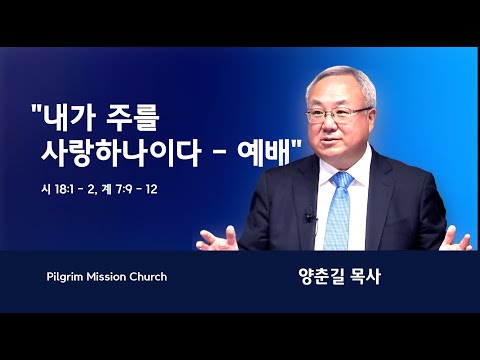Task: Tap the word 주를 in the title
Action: [132, 118]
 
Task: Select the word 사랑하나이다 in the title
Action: [121, 154]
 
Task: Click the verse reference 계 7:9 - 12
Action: [131, 190]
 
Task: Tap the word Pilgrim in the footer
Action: [65, 277]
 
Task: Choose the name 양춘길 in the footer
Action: [321, 277]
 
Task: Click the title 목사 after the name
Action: [366, 277]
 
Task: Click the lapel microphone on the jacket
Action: [309, 217]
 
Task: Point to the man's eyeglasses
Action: [337, 115]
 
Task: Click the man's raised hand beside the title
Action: [217, 239]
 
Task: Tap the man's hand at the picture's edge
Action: [455, 239]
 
